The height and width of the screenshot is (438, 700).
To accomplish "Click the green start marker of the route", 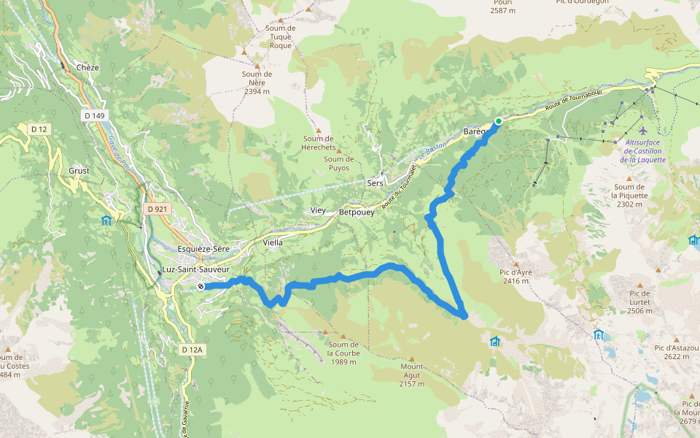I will (499, 121).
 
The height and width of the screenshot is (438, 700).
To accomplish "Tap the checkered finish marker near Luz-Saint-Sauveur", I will (201, 287).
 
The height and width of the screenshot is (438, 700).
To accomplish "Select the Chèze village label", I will (87, 68).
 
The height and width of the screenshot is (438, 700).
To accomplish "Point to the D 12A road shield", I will (192, 350).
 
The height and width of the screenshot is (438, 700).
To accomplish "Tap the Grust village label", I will (79, 171).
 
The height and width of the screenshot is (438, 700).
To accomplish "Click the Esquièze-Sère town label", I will (203, 249).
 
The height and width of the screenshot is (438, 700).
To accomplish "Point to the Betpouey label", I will (357, 212).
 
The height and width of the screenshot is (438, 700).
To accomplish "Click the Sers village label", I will (376, 183).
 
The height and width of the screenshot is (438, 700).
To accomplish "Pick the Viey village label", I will (319, 210).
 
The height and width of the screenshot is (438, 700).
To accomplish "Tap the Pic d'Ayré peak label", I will (516, 276).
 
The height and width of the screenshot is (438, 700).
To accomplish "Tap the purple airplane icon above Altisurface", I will (642, 130).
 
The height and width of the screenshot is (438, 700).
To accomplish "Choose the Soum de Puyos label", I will (339, 164).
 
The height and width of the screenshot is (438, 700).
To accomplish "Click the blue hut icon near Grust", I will (106, 220).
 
